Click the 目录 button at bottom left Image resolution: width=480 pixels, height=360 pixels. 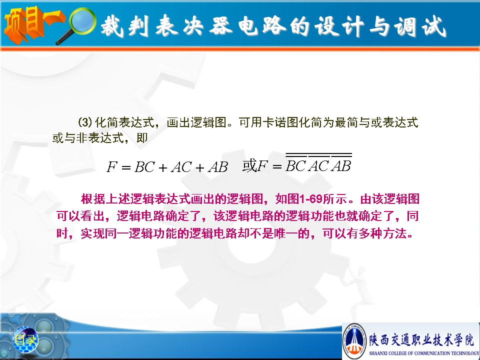(25, 339)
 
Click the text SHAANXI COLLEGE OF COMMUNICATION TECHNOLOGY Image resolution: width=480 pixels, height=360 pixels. (424, 353)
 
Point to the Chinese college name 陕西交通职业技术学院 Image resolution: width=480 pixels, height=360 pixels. (421, 340)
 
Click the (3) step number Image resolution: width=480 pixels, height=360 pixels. (85, 122)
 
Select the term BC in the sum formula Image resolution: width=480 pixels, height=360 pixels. (144, 167)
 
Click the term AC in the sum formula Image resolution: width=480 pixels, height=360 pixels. (181, 167)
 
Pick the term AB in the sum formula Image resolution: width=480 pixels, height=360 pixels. (218, 167)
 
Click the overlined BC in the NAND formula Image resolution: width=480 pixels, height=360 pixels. (295, 165)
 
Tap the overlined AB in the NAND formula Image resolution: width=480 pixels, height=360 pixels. (341, 165)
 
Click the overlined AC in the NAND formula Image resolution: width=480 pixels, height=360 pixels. (318, 165)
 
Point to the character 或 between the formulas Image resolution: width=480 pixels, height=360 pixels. (249, 165)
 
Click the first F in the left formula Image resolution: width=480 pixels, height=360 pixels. (111, 167)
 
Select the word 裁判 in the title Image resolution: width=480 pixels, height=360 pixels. (124, 26)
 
